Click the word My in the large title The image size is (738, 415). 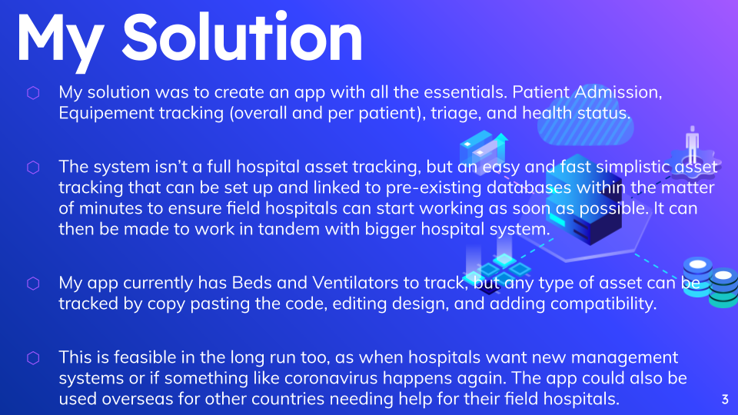click(x=61, y=38)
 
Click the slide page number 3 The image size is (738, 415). click(x=725, y=399)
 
